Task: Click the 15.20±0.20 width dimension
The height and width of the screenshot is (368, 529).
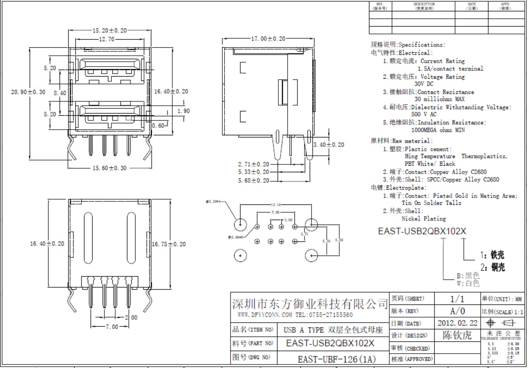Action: point(109,30)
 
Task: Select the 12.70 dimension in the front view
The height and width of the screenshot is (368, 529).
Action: point(107,39)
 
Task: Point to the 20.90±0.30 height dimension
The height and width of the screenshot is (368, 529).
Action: point(28,92)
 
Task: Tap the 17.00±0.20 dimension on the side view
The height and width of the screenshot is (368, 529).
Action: point(268,38)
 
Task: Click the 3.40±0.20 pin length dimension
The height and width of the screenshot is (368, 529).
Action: point(329,144)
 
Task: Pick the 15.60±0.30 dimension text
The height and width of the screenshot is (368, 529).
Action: point(109,168)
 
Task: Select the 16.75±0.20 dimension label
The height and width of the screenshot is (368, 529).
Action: point(168,244)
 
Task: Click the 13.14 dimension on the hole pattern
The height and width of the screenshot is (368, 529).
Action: point(275,204)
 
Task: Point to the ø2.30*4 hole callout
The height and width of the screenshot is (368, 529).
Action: point(214,202)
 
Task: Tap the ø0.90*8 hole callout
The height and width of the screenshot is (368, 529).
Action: point(236,237)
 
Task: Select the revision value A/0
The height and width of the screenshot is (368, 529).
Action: point(457,311)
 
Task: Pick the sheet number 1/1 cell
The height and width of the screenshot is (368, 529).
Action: point(457,299)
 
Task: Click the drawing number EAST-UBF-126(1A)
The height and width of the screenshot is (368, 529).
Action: point(336,359)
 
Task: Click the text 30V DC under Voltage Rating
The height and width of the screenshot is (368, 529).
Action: point(424,84)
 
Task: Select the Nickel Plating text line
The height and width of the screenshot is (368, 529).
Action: point(423,218)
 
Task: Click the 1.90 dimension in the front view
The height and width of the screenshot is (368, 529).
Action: point(184,111)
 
